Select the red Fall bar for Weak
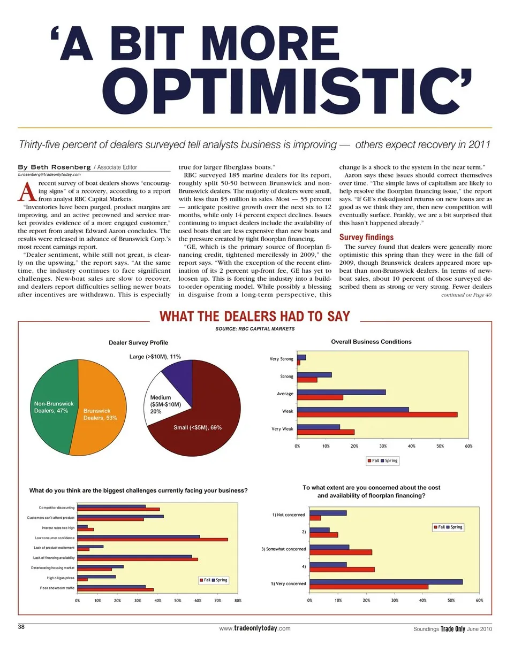pos(377,414)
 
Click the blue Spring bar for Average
pos(341,392)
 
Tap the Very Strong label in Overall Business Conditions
pos(281,359)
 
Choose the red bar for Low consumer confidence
pos(153,540)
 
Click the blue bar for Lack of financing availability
pos(134,556)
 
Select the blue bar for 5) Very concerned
pos(386,581)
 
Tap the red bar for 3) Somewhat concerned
pos(341,552)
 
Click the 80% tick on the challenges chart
pos(238,600)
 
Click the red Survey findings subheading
pos(367,237)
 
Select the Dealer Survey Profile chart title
pos(138,342)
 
